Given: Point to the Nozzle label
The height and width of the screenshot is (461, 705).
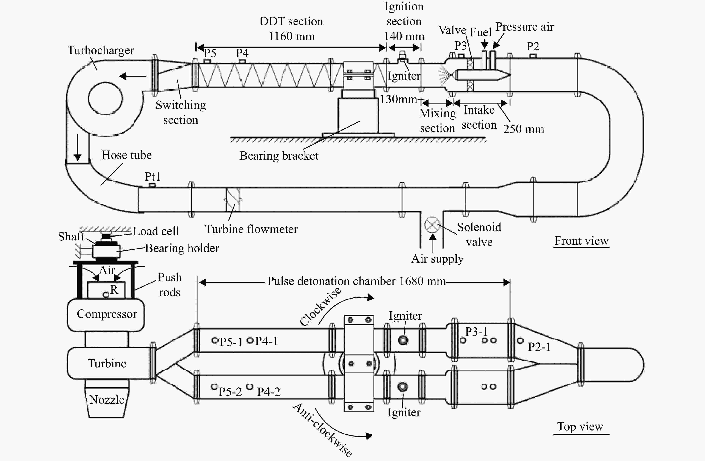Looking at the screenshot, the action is (107, 400).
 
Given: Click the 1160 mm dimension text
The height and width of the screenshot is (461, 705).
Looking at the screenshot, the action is (292, 36).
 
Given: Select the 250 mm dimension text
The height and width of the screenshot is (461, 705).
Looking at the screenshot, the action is (524, 129).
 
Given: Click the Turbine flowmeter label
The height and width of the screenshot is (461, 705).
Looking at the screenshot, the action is (251, 229).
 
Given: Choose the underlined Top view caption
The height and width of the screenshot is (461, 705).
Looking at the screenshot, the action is (581, 427).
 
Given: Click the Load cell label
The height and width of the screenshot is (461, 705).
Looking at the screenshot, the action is (156, 231).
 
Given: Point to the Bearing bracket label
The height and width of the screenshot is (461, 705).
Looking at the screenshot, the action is (279, 156).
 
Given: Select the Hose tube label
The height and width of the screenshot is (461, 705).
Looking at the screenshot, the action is (127, 155).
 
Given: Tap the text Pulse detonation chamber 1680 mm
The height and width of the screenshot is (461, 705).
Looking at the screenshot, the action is (356, 281).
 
